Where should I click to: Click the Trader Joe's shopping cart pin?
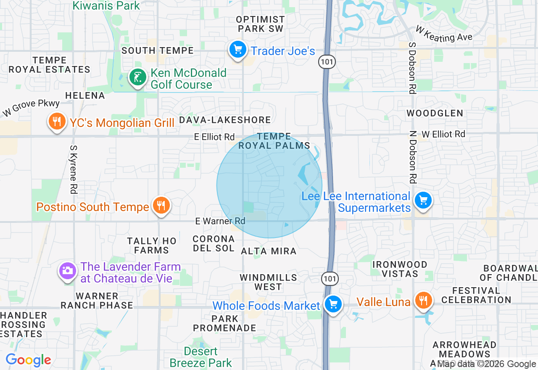(238, 50)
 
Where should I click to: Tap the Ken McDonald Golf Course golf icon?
(137, 77)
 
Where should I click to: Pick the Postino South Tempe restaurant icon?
(161, 206)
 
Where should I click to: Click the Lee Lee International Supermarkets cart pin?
(423, 201)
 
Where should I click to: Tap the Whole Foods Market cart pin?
(334, 304)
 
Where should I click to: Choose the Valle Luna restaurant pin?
(423, 301)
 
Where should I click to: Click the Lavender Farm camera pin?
(67, 271)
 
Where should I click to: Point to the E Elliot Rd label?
(214, 137)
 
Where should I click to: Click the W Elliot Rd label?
(443, 134)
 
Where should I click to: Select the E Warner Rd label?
(220, 221)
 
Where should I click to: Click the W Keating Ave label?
(444, 34)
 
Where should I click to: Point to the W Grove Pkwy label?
(31, 108)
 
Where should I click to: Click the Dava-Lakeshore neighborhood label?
(225, 120)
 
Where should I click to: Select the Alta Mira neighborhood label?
(269, 251)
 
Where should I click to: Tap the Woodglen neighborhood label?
(435, 113)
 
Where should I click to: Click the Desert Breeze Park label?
(201, 357)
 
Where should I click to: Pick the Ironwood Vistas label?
(400, 269)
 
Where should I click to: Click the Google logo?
(28, 360)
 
